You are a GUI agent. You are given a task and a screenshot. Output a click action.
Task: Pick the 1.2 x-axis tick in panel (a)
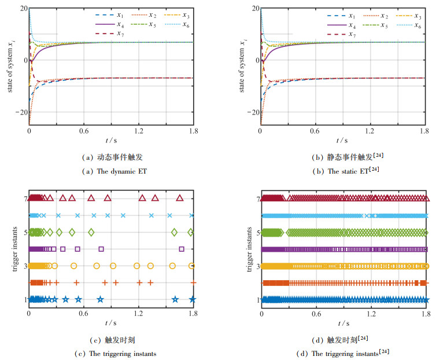click(138, 131)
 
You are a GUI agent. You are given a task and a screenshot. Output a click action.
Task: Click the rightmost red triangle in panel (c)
click(180, 198)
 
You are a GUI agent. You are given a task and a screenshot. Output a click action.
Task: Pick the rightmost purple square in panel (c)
click(182, 249)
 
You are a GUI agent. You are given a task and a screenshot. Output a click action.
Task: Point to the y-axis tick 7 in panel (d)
click(257, 198)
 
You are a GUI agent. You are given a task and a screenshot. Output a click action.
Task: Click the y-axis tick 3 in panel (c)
click(24, 266)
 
